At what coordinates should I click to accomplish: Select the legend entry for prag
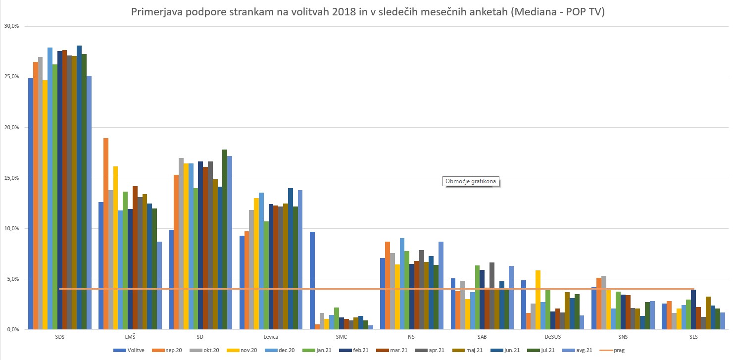(616, 351)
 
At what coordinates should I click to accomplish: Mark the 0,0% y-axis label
(11, 329)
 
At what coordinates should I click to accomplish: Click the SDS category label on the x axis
(60, 337)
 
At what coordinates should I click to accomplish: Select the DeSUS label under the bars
(553, 337)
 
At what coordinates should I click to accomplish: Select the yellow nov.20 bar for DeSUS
(538, 300)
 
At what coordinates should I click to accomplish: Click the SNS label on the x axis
(623, 337)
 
